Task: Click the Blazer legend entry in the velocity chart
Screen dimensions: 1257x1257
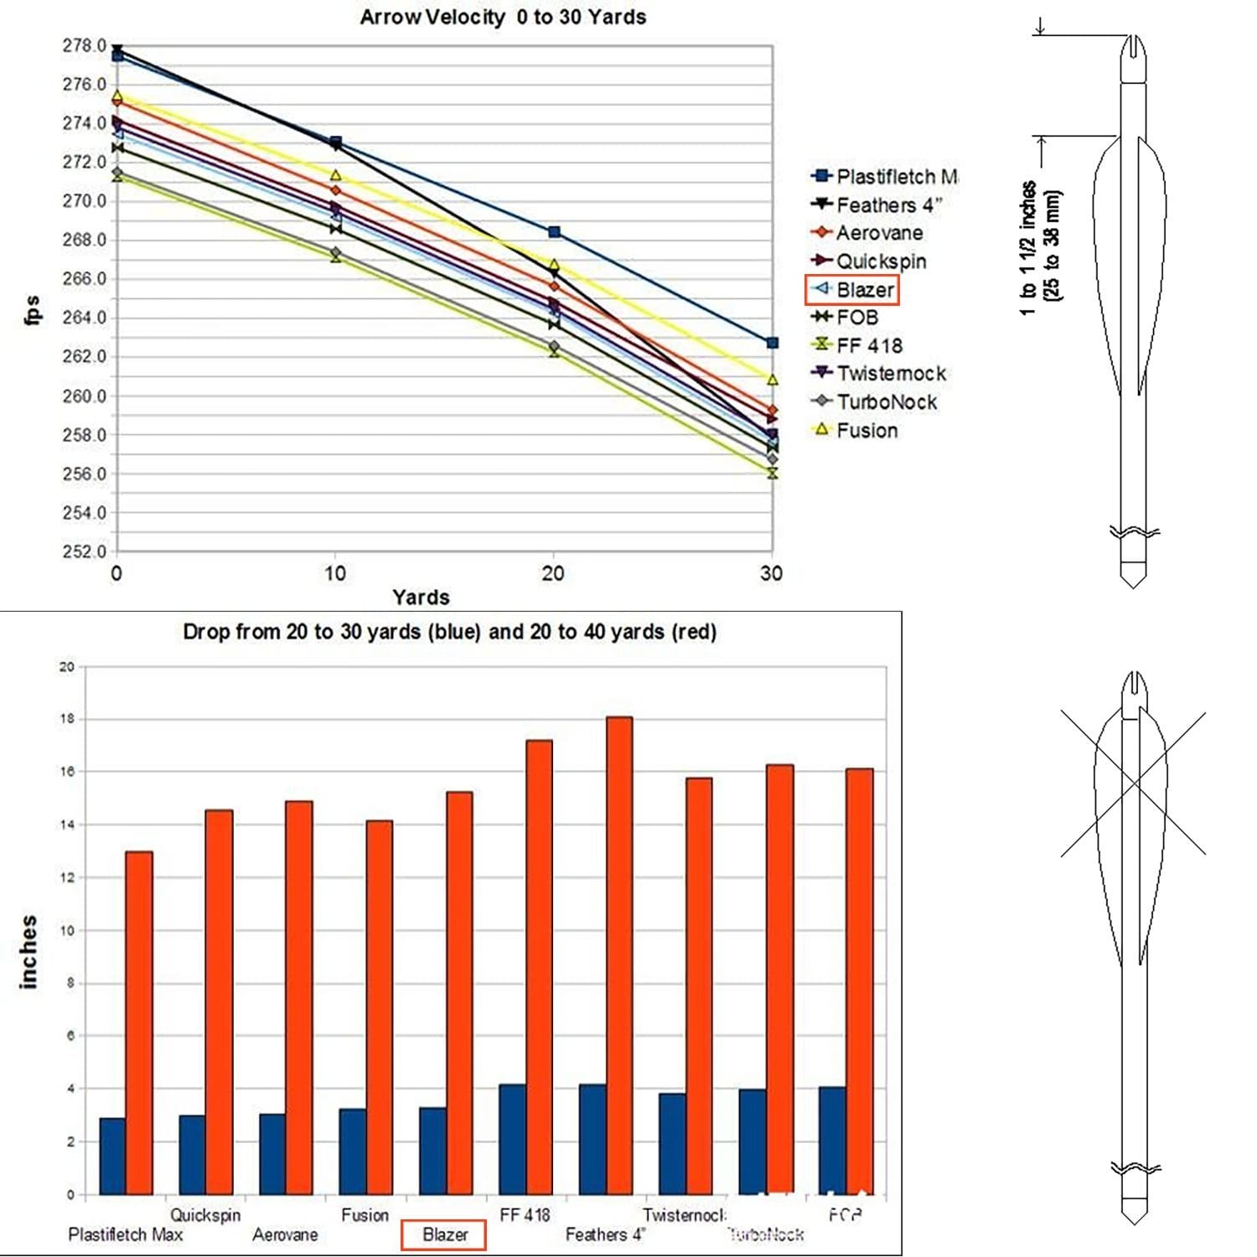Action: [864, 290]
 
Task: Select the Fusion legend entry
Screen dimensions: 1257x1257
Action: [866, 431]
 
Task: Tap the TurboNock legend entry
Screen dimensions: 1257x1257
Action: [886, 402]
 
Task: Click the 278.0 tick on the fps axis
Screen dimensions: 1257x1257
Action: [84, 45]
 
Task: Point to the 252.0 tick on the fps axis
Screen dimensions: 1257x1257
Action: [84, 551]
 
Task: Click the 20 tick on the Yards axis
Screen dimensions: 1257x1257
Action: [552, 574]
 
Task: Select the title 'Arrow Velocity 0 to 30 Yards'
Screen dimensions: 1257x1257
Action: [503, 17]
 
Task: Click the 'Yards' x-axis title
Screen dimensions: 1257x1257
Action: [421, 597]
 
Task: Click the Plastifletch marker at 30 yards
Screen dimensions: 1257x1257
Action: [772, 343]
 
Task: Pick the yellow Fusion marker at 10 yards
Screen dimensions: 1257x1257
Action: [335, 176]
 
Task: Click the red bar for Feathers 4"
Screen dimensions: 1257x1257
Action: [618, 955]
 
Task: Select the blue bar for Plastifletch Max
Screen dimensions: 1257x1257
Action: [112, 1156]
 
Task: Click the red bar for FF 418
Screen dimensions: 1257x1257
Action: [538, 967]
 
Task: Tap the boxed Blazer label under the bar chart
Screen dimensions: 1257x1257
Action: [444, 1234]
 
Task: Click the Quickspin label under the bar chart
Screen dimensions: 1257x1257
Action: [205, 1214]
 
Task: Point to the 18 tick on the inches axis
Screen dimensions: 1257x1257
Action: [67, 719]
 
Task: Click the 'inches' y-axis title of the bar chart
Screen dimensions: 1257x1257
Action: [29, 952]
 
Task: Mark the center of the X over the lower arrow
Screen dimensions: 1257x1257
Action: [1134, 783]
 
